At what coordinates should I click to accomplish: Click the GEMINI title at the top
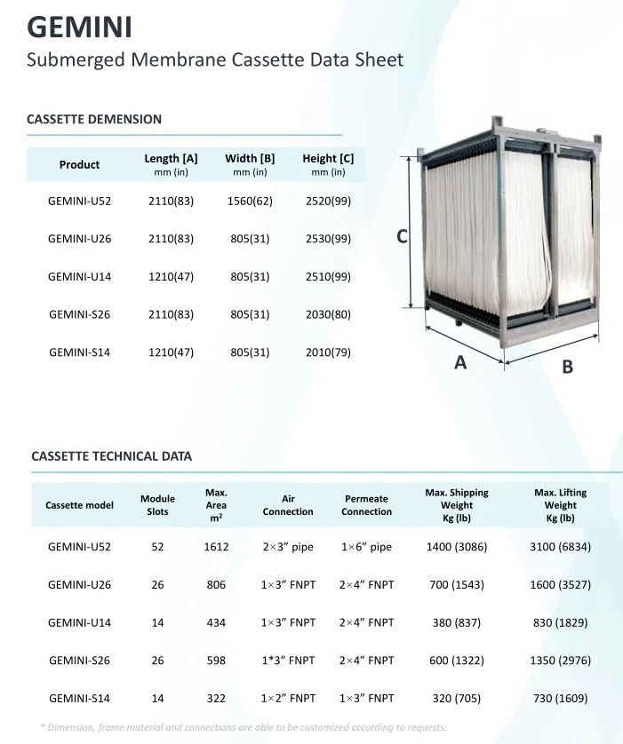[79, 27]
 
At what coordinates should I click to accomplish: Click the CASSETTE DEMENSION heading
[94, 119]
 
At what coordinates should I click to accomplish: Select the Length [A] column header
[171, 164]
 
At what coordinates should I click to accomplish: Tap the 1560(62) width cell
[250, 202]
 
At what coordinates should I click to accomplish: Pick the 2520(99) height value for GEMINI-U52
[328, 202]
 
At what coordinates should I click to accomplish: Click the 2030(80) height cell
[328, 314]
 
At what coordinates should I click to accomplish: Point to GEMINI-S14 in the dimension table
[79, 352]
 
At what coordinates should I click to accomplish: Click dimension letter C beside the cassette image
[402, 236]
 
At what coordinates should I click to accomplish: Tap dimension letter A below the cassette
[460, 361]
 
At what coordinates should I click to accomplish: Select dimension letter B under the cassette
[568, 366]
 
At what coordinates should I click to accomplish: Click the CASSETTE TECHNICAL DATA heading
[111, 456]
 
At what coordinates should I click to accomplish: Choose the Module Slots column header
[157, 505]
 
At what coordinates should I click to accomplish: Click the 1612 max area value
[216, 547]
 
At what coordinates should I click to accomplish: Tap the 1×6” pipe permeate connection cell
[366, 547]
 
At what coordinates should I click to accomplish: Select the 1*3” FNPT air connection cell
[288, 661]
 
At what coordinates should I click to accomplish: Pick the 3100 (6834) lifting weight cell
[560, 547]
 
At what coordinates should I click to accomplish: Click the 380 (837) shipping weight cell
[457, 623]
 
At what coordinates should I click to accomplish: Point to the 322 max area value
[216, 699]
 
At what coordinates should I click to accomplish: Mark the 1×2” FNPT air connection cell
[288, 699]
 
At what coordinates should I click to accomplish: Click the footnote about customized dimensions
[244, 728]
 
